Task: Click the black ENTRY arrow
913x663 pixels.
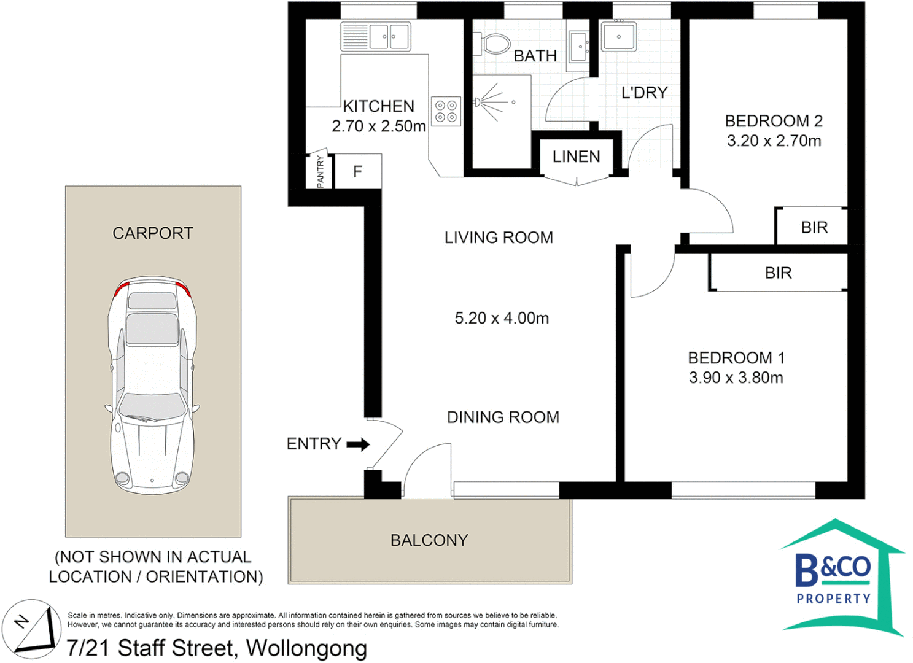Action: (x=358, y=444)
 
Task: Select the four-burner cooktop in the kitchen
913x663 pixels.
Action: (x=446, y=111)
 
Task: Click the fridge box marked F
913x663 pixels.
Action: (x=357, y=171)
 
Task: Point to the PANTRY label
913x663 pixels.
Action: (x=321, y=171)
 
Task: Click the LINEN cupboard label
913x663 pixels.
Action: (x=576, y=157)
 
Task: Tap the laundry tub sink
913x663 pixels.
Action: (x=619, y=36)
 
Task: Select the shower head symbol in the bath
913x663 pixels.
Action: (x=477, y=102)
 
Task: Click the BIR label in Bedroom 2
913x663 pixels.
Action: (x=814, y=227)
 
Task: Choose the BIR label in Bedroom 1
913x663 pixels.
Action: (x=778, y=273)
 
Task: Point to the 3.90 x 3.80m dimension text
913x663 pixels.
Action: (x=736, y=378)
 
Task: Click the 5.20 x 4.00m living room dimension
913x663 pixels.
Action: (x=502, y=318)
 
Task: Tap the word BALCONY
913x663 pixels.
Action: (x=429, y=540)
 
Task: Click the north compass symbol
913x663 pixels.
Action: (x=32, y=629)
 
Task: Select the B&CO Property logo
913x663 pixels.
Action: (x=842, y=577)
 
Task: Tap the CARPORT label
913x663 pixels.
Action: (x=153, y=233)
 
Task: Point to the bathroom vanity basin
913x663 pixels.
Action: (x=579, y=47)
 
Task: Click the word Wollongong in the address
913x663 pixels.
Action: (x=306, y=648)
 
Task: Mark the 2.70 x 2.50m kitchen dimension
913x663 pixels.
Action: (x=379, y=126)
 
